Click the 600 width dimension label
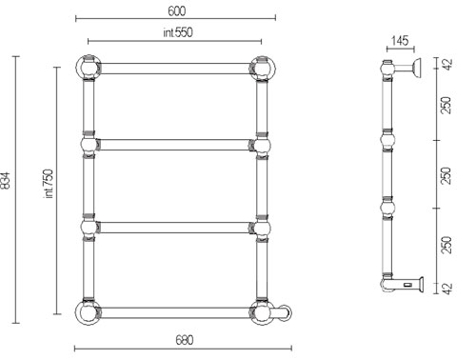coord(177,11)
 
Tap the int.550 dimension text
coord(178,32)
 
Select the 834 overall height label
coord(6,181)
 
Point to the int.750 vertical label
coord(49,184)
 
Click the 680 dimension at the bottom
coord(184,340)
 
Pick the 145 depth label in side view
coord(400,41)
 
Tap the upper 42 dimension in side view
coord(446,65)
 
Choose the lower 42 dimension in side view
coord(446,289)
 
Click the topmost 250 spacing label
coord(446,105)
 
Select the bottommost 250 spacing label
coord(446,245)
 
